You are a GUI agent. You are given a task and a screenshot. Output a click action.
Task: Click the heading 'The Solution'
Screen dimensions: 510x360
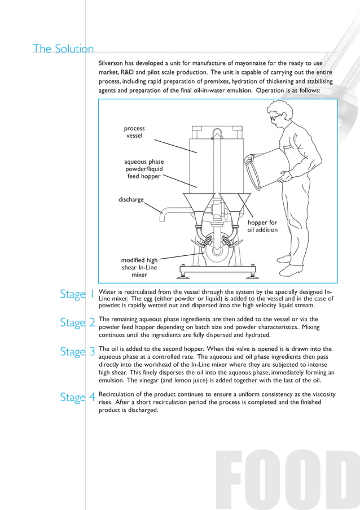pyautogui.click(x=63, y=49)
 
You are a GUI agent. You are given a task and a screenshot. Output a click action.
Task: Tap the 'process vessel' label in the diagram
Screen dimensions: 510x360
pyautogui.click(x=134, y=132)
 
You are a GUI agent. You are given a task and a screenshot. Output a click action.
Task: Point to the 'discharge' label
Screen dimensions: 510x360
pyautogui.click(x=131, y=199)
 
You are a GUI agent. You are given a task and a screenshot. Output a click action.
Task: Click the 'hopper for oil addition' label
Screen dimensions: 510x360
pyautogui.click(x=262, y=226)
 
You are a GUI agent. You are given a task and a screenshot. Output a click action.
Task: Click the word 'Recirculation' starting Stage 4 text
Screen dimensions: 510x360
pyautogui.click(x=118, y=394)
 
